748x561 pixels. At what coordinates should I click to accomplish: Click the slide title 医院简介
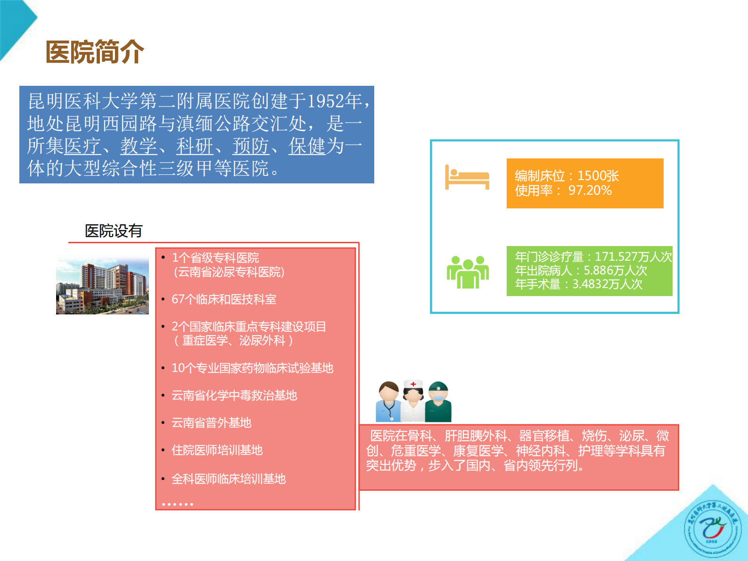click(x=95, y=51)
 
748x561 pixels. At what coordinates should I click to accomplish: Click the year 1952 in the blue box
click(x=325, y=101)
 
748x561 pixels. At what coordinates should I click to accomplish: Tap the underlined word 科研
click(x=195, y=146)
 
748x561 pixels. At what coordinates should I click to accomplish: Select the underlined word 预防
click(x=251, y=146)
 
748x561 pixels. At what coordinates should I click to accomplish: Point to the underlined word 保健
click(x=307, y=146)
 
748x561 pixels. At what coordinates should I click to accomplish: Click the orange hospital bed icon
click(x=467, y=177)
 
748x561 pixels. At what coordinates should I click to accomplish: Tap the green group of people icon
click(x=468, y=272)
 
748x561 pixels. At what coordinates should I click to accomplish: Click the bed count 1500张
click(x=598, y=176)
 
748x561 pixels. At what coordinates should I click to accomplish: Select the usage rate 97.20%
click(x=590, y=190)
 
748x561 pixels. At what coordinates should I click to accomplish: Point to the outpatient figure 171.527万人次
click(x=633, y=256)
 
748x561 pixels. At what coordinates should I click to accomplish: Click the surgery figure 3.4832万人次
click(x=607, y=284)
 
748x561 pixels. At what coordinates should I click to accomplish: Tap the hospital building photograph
click(x=102, y=286)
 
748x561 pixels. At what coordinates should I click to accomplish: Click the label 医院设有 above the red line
click(x=114, y=231)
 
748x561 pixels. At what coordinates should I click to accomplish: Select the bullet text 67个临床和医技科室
click(x=224, y=299)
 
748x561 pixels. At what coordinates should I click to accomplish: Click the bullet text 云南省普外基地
click(x=211, y=423)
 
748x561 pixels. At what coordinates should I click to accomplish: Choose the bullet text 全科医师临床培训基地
click(x=229, y=479)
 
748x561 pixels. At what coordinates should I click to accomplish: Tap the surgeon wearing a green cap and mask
click(x=438, y=402)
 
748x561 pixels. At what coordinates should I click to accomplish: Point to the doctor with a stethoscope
click(x=388, y=402)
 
